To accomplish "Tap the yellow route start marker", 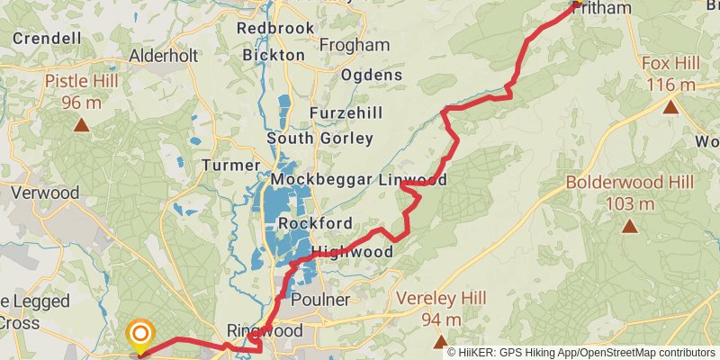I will click(x=139, y=336).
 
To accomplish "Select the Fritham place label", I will click(x=602, y=8).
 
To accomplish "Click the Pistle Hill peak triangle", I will click(x=81, y=124).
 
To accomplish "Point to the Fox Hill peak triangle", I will click(x=670, y=107).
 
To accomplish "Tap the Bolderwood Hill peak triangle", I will click(x=629, y=225).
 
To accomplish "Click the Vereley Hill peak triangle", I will click(x=440, y=341).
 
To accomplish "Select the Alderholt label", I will click(x=163, y=55).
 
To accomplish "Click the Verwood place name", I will click(x=44, y=193).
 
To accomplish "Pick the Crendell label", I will click(x=47, y=39).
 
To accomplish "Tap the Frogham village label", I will click(x=354, y=45).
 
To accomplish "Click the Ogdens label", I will click(x=371, y=75).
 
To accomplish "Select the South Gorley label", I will click(x=319, y=139).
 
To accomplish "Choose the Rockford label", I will click(x=315, y=223).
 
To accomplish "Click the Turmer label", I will click(x=231, y=166).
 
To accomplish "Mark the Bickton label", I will click(x=274, y=55).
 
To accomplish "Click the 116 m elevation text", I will click(x=670, y=84).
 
